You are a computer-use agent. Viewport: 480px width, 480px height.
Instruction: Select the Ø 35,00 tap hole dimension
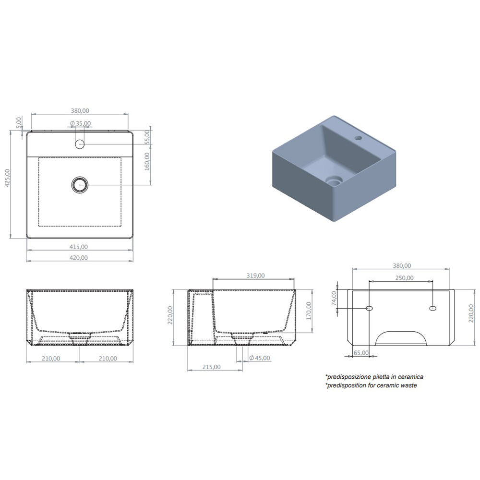click(x=80, y=123)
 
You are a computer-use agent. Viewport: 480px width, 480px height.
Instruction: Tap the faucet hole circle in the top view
click(x=80, y=144)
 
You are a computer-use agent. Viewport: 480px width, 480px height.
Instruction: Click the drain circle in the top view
click(x=80, y=185)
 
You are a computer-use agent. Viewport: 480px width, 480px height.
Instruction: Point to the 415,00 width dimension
click(x=79, y=247)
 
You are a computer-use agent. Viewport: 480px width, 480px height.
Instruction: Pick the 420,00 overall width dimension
click(x=79, y=258)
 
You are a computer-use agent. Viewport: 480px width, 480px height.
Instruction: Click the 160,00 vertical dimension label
click(x=147, y=161)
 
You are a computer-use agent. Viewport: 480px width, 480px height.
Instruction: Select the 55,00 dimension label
click(x=147, y=137)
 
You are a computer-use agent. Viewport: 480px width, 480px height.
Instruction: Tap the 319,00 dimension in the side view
click(x=256, y=276)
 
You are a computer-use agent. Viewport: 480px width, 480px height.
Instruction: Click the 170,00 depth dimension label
click(x=309, y=311)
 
